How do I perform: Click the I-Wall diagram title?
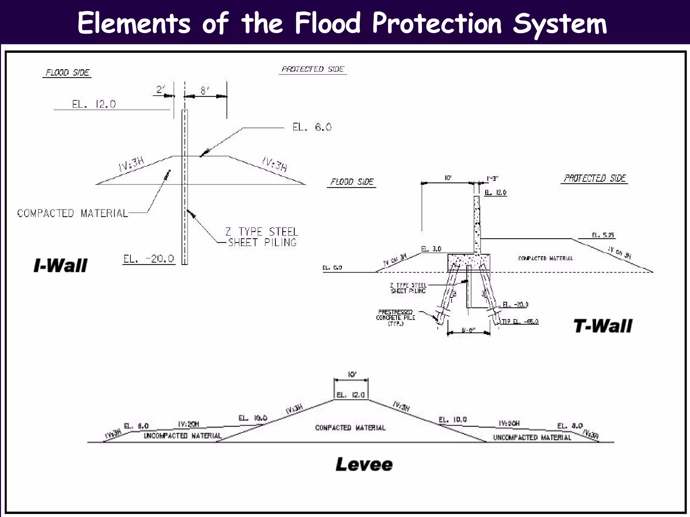pos(61,266)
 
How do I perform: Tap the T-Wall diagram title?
pos(603,326)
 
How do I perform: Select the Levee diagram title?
pos(364,464)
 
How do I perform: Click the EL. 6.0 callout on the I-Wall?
pos(312,127)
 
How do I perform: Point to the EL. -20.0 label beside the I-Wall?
pos(149,259)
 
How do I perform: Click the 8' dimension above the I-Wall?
pos(205,91)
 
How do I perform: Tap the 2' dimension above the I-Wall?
pos(161,90)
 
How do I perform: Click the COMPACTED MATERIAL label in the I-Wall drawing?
pos(72,213)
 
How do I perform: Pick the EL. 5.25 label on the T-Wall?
pos(603,235)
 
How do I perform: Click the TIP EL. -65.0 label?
pos(520,321)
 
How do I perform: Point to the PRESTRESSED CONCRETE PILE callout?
pos(396,318)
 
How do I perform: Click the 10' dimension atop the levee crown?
pos(352,375)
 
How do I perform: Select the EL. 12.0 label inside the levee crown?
pos(351,395)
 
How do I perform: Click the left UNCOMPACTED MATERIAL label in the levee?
pos(182,436)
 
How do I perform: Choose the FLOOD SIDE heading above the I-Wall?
pos(67,72)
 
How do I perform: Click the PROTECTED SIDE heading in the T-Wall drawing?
pos(595,178)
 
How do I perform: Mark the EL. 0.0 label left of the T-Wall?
pos(332,268)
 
